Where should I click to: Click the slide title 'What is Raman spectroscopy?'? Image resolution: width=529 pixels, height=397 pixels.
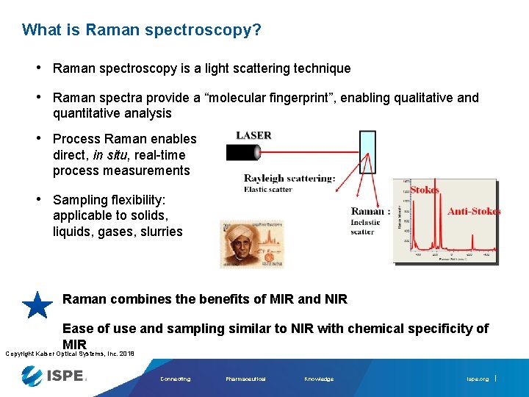(141, 30)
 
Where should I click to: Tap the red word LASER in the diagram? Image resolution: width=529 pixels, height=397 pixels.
(253, 135)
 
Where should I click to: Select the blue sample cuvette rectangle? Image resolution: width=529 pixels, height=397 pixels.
(367, 152)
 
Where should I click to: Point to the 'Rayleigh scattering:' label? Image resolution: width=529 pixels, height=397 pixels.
(289, 178)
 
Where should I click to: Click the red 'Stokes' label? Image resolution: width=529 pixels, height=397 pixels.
(425, 190)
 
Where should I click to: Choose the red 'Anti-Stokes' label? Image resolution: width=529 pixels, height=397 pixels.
(474, 211)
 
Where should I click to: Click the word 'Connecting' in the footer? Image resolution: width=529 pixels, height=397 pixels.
(175, 379)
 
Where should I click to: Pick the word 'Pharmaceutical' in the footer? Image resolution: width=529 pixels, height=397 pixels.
(246, 379)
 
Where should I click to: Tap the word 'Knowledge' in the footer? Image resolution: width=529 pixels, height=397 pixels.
(319, 379)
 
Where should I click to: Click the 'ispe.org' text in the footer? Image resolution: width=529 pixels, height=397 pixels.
(477, 379)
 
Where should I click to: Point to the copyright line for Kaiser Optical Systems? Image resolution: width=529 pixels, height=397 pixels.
(70, 354)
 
